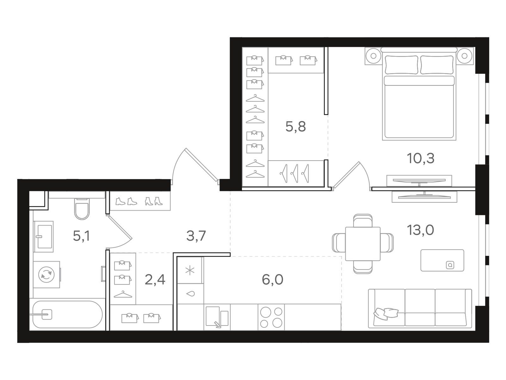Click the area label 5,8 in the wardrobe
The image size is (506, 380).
[295, 127]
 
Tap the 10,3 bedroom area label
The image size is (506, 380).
[421, 159]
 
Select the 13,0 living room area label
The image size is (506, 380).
[421, 230]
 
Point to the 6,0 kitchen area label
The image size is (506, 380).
[273, 279]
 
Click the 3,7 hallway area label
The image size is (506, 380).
[196, 236]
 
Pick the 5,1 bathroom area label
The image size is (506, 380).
[81, 236]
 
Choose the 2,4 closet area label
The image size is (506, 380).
[155, 280]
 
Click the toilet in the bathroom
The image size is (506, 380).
[82, 209]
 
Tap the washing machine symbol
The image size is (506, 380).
[46, 275]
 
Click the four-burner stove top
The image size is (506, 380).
[271, 317]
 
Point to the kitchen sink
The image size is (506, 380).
[217, 317]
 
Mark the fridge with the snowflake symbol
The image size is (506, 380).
[190, 270]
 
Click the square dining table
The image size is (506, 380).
[363, 244]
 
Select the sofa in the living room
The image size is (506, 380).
[420, 308]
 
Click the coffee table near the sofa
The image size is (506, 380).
[442, 260]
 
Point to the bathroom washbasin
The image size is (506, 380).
[43, 237]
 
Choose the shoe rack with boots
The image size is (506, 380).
[140, 201]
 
